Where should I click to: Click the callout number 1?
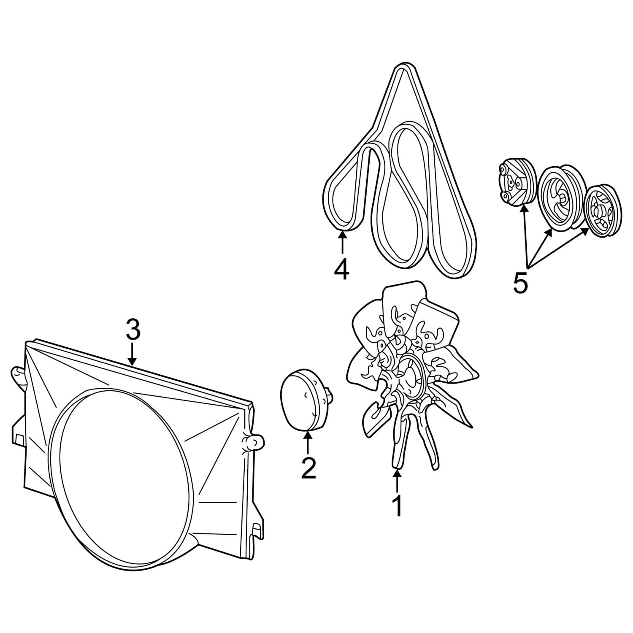[x=398, y=506]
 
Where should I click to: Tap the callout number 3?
[x=133, y=329]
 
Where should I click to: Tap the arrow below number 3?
[x=133, y=354]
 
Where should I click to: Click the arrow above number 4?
[x=342, y=242]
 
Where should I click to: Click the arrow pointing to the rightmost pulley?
[x=558, y=247]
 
